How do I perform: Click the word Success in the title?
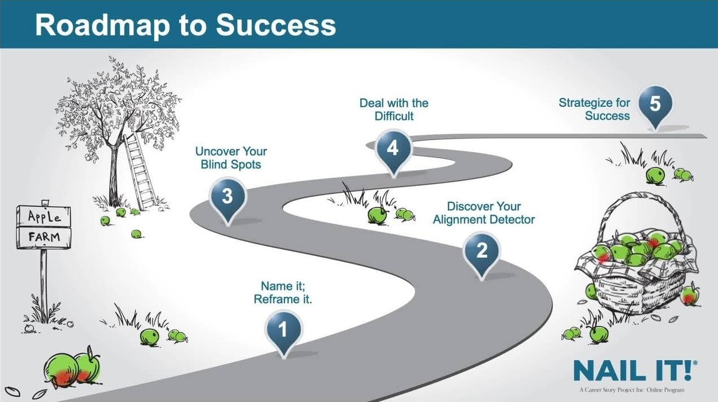(276, 25)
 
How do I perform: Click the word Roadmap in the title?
(102, 26)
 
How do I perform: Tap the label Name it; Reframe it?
(283, 292)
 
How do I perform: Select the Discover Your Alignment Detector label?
(484, 213)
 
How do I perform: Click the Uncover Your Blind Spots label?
(231, 158)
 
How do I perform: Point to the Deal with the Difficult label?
(394, 109)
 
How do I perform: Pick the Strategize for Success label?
(594, 109)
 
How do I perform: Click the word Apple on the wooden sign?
(44, 217)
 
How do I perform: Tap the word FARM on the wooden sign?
(44, 237)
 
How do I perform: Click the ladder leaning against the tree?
(140, 171)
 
